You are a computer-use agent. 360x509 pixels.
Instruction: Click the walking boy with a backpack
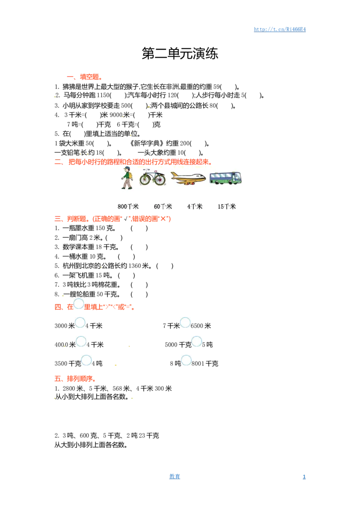point(127,178)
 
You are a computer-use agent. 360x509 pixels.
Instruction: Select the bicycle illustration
point(153,177)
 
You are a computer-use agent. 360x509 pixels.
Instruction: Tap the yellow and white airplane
point(188,178)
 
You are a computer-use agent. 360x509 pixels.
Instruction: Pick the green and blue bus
point(225,177)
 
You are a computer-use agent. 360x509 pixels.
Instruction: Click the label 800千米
point(128,207)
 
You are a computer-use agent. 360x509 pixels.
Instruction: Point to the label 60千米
point(163,207)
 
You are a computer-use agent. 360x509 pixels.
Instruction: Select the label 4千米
point(195,207)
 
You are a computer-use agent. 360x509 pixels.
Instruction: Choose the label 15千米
point(227,207)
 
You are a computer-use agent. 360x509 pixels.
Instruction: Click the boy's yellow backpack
point(131,175)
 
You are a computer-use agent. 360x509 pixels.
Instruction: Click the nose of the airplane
point(204,178)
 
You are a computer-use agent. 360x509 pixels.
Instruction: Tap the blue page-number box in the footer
point(175,476)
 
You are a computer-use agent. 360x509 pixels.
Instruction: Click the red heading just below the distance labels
point(112,219)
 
